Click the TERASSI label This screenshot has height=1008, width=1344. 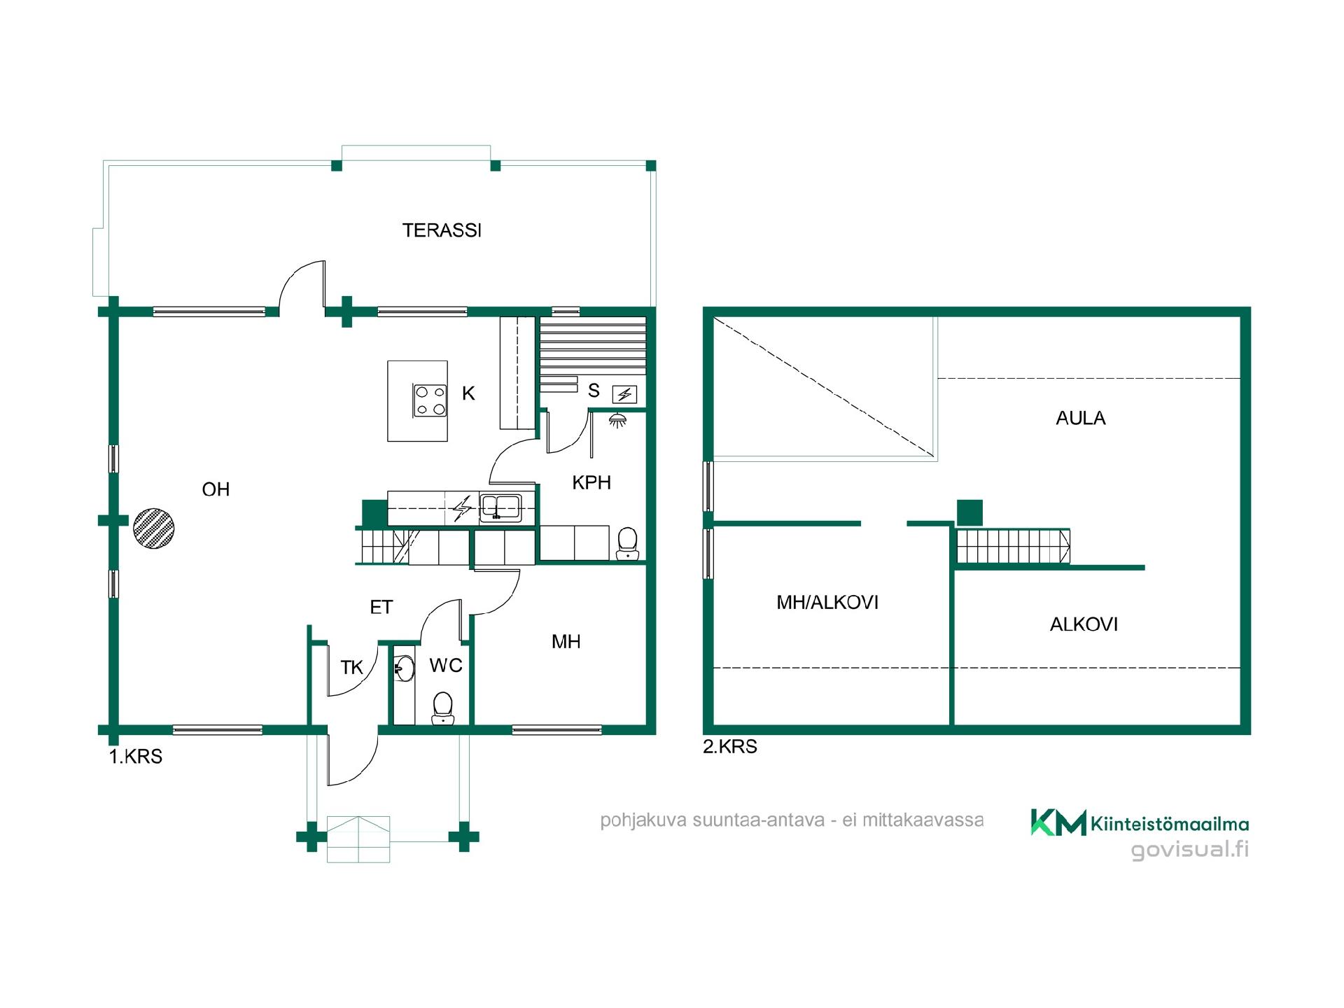[442, 230]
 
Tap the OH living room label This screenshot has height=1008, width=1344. [216, 489]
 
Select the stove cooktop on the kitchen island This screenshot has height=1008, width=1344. [430, 401]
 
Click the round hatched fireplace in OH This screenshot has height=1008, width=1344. [153, 528]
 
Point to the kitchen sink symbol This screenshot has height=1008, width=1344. [500, 506]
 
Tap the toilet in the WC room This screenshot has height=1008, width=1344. [442, 708]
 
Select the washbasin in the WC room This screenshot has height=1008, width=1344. [404, 668]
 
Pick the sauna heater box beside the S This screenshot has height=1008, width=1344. [624, 395]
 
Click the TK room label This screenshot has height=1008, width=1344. [351, 668]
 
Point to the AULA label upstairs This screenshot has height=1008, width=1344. [1080, 419]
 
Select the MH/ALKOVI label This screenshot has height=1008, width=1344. [827, 603]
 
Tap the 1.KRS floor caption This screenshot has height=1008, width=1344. [136, 757]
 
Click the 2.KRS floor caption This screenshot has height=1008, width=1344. [730, 747]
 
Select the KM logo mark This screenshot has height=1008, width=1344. [1058, 822]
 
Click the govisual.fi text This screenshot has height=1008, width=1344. [1190, 850]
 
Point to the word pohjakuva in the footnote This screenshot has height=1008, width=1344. [643, 821]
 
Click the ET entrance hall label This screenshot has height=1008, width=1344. [381, 608]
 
